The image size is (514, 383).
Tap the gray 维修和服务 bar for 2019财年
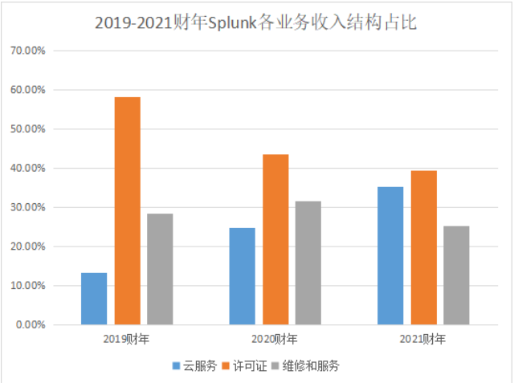160,269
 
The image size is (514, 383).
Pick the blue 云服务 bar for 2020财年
242,276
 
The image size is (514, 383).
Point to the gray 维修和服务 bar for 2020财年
308,263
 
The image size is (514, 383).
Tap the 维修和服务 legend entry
309,366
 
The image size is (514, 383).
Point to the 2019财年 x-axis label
126,339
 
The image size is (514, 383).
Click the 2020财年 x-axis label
275,339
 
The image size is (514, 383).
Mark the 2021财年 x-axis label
423,339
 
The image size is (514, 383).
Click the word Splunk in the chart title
231,23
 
